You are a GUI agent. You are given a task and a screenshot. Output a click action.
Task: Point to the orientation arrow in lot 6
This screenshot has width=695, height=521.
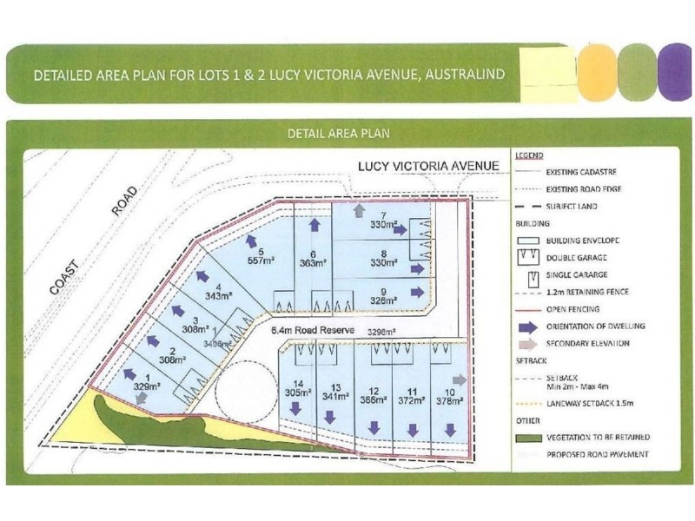pos(314,224)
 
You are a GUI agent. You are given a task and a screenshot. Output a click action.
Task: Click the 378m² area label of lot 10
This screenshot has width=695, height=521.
pos(449,402)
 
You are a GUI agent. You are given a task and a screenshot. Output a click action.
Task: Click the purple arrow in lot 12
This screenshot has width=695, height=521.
pos(374,427)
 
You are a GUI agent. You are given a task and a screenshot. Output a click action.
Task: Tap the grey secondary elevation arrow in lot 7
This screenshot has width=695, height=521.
pos(360,211)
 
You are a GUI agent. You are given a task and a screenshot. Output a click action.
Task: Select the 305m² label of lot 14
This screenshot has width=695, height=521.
pos(298,392)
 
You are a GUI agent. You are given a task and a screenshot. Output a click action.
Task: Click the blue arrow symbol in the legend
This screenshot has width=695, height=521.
pos(527,326)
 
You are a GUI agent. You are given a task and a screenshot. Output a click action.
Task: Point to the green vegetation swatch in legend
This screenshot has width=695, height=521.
pos(527,437)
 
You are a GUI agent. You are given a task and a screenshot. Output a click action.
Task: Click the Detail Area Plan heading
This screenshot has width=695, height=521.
pos(339,134)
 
